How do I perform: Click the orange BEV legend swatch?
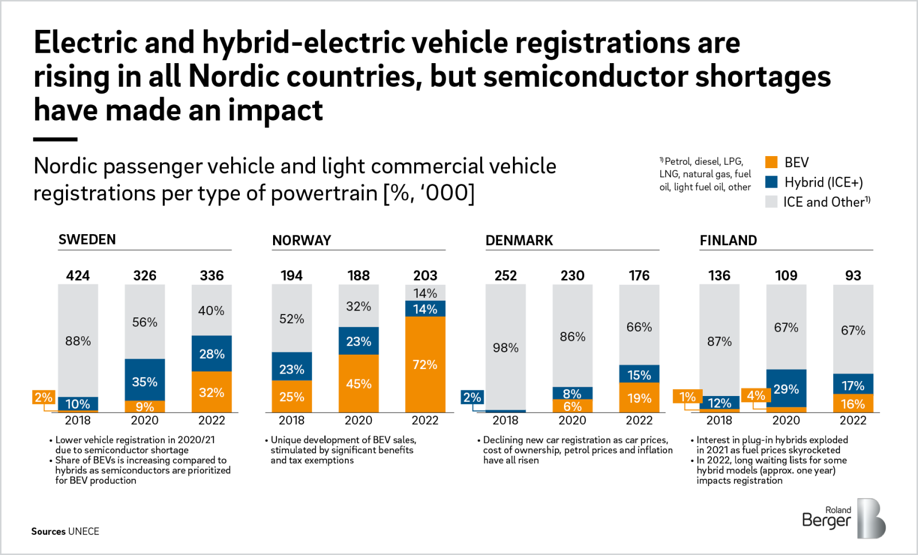771,162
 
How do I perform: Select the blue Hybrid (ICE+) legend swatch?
771,182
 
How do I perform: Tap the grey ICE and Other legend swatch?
771,201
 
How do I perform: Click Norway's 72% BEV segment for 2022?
425,364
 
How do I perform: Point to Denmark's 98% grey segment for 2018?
505,347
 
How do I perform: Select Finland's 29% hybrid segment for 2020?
786,388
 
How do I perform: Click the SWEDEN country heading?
87,239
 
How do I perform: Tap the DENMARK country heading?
519,240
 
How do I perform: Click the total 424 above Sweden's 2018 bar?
78,275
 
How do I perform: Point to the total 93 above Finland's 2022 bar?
853,275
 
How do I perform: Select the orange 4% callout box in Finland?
755,395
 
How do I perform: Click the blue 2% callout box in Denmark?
472,397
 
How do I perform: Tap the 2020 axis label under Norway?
358,420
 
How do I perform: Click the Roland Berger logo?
843,518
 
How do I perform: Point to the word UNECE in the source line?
84,531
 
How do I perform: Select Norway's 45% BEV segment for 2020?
359,383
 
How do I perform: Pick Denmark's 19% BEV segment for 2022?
639,398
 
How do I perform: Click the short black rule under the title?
55,139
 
